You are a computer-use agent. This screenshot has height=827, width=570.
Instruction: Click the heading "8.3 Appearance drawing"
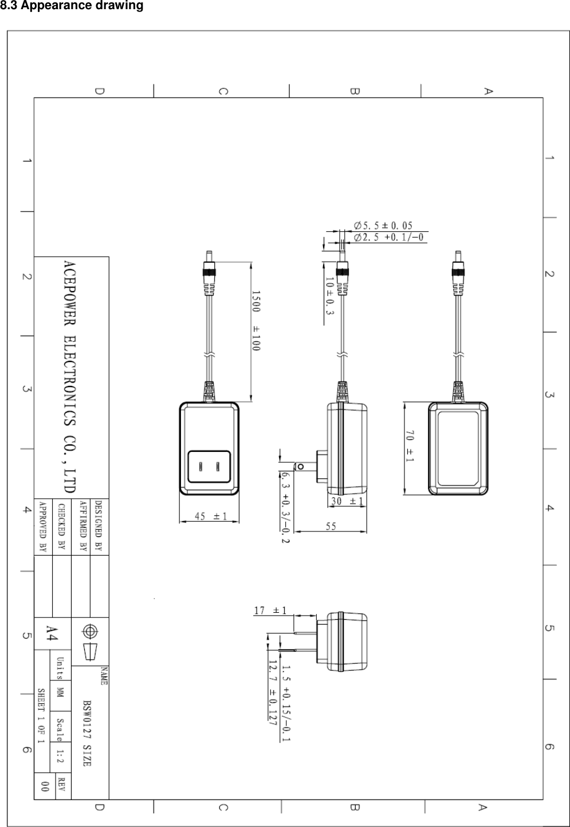point(72,6)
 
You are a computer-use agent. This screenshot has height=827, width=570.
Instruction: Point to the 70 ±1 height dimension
point(411,447)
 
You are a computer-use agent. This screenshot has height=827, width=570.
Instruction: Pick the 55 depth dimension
point(331,526)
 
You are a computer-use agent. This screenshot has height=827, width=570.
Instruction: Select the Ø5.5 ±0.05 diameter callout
point(383,226)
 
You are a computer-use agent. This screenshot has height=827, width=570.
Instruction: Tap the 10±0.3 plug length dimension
point(329,296)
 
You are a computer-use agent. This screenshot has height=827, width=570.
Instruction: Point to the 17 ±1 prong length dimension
point(270,611)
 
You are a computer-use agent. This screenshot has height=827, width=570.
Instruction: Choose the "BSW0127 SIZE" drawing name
point(87,732)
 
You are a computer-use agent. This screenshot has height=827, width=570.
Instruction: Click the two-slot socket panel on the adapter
point(209,466)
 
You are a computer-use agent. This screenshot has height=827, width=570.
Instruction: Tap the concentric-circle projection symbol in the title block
point(89,631)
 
